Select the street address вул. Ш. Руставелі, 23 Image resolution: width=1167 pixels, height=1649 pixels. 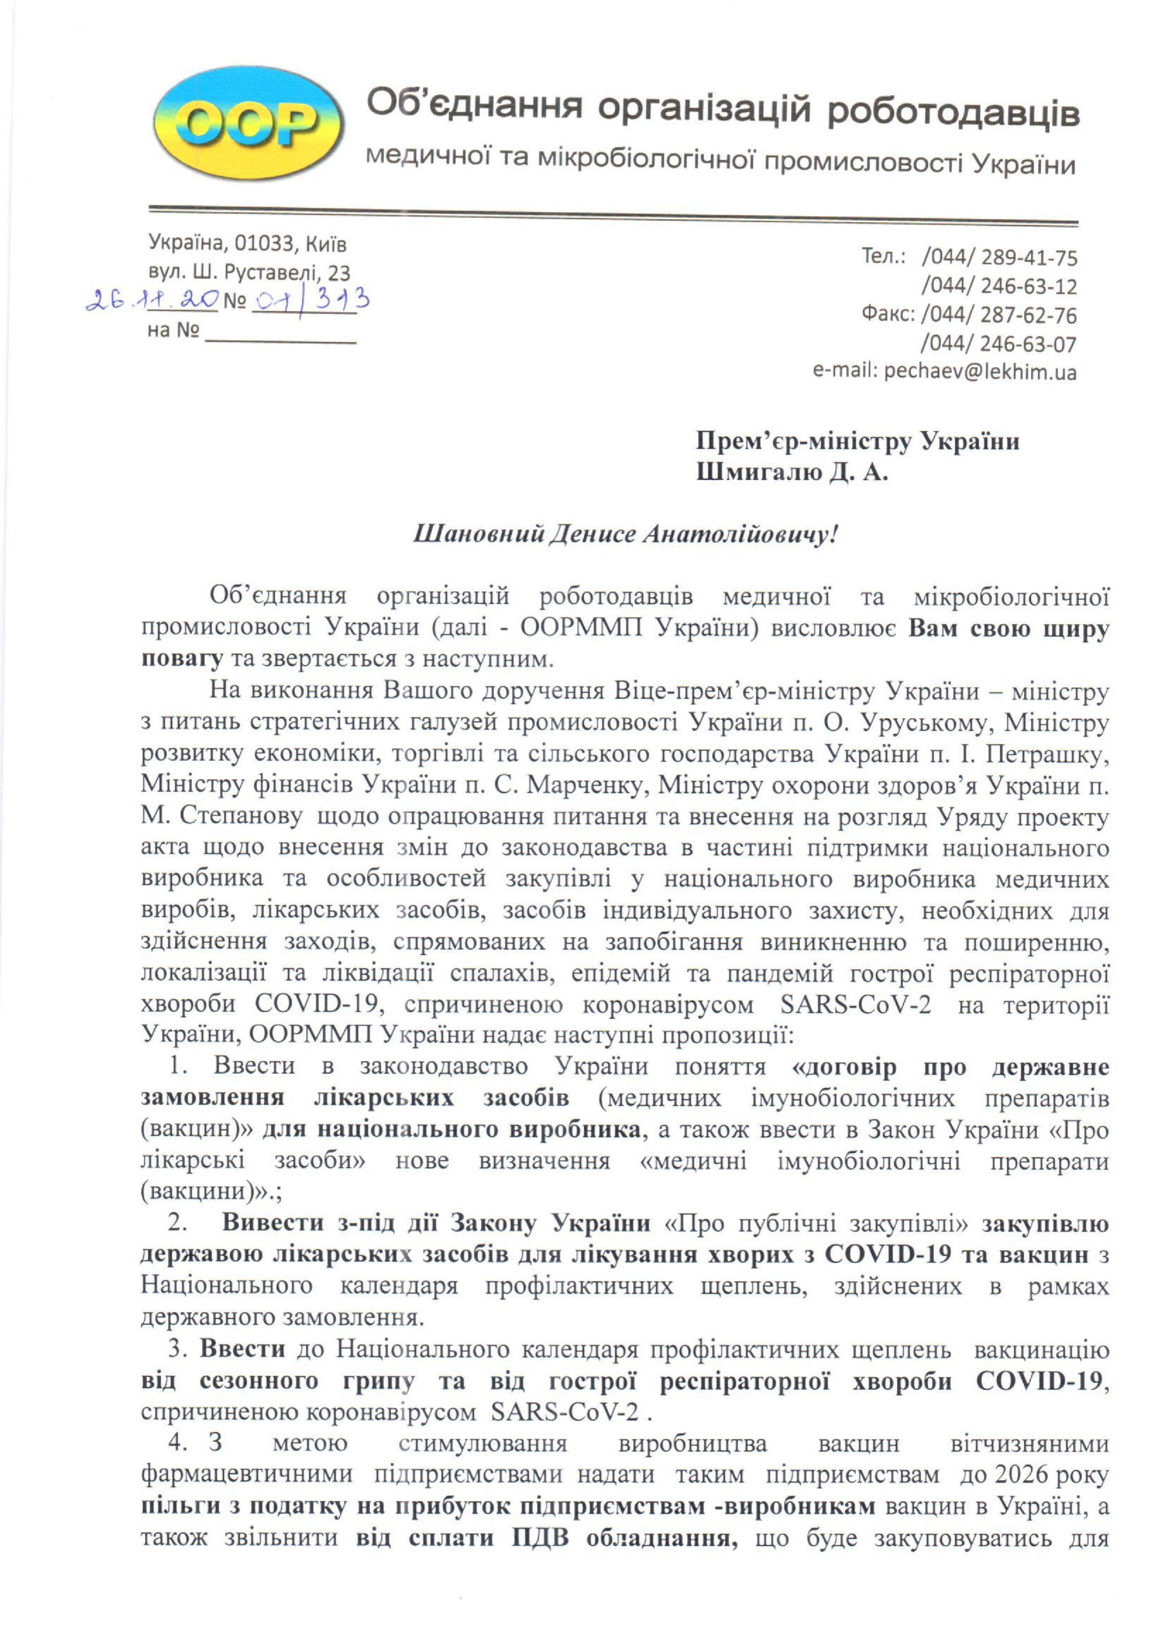click(x=249, y=273)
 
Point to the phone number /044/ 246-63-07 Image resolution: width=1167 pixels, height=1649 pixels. click(x=1000, y=343)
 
